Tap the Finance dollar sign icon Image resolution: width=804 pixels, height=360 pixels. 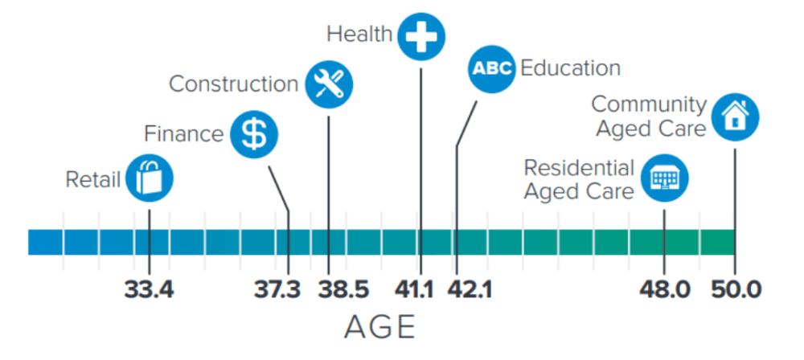254,134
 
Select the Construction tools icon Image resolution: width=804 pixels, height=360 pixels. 329,84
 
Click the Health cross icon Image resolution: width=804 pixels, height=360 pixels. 421,36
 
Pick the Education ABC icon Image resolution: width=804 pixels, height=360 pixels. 491,69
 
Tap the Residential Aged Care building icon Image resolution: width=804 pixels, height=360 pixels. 664,178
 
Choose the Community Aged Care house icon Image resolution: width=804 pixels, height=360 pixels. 735,117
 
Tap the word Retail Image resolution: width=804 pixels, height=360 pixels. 93,179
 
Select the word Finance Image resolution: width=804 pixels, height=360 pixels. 184,133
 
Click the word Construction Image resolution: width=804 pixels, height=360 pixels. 234,84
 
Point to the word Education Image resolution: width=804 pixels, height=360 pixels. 570,68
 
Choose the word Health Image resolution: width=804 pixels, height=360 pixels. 359,35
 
